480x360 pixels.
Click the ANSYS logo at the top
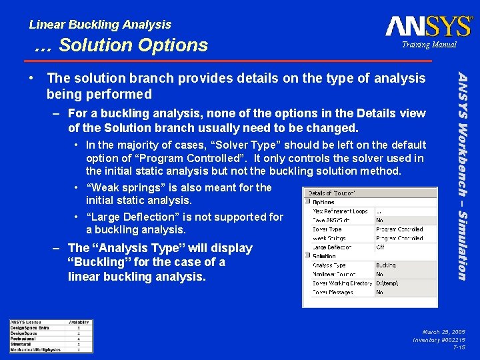click(x=428, y=26)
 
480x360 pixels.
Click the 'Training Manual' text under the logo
click(x=429, y=45)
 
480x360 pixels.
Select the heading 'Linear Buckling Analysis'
click(x=100, y=25)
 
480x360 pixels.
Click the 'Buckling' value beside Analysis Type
click(x=386, y=265)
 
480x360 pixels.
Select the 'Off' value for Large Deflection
click(x=380, y=247)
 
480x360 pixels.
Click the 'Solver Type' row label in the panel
click(x=327, y=229)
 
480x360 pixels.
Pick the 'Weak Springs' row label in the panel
click(x=329, y=238)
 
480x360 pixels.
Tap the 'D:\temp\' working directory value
click(x=387, y=283)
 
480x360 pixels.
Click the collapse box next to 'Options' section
click(x=307, y=202)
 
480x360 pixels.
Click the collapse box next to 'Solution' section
click(x=307, y=256)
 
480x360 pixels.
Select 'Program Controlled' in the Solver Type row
click(x=399, y=229)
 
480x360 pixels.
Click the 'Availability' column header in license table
click(x=79, y=322)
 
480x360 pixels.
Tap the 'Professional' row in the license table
click(x=24, y=338)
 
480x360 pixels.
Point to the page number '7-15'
click(x=459, y=347)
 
